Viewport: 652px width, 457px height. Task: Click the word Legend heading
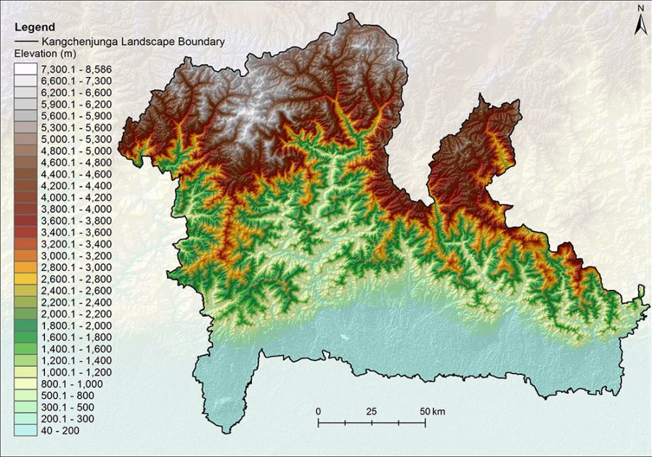[30, 28]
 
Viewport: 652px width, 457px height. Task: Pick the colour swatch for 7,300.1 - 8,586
[26, 69]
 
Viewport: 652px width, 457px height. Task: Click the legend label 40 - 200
[62, 431]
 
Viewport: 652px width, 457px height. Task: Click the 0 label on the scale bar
[319, 411]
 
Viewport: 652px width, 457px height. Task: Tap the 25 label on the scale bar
[372, 411]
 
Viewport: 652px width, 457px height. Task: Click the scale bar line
[372, 421]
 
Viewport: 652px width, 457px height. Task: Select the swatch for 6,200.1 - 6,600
[26, 92]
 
